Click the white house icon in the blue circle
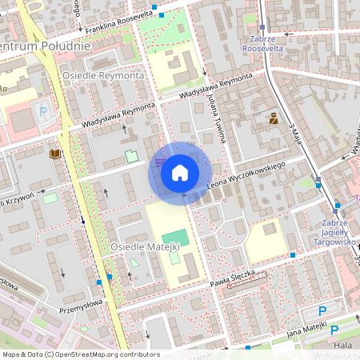pos(180,173)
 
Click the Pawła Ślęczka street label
pos(232,279)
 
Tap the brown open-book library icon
pos(54,153)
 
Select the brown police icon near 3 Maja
pos(273,119)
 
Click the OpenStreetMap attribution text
pos(80,354)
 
